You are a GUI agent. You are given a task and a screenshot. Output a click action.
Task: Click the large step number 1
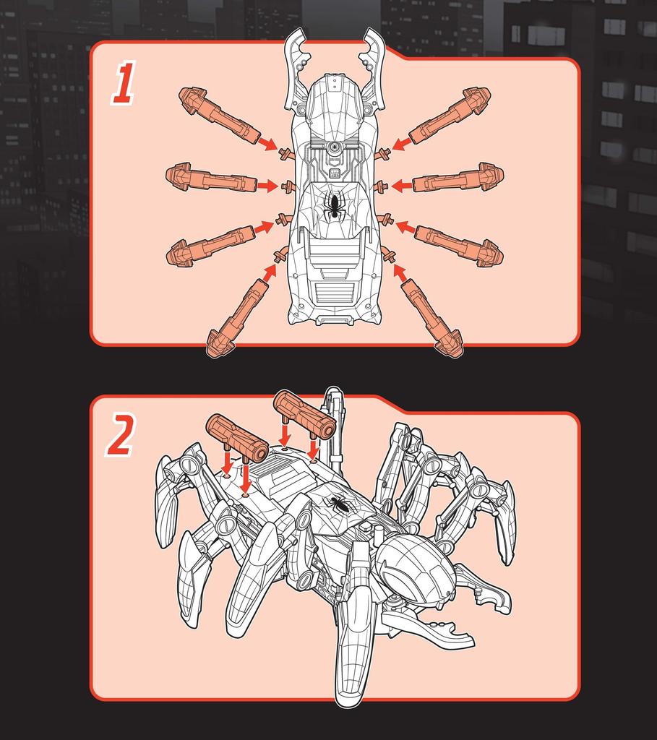pyautogui.click(x=124, y=83)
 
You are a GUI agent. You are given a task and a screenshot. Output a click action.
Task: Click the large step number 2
pyautogui.click(x=121, y=434)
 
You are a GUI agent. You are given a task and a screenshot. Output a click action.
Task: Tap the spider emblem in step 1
pyautogui.click(x=335, y=206)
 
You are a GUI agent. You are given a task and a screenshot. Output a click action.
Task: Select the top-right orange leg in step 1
pyautogui.click(x=450, y=115)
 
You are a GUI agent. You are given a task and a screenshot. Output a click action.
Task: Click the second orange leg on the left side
pyautogui.click(x=211, y=177)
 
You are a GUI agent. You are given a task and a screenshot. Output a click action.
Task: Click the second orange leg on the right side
pyautogui.click(x=458, y=177)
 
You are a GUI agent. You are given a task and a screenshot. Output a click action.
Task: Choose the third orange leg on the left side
pyautogui.click(x=211, y=246)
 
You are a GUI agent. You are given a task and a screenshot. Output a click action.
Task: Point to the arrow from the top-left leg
pyautogui.click(x=267, y=144)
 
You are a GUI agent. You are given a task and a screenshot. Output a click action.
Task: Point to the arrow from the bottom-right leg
pyautogui.click(x=400, y=272)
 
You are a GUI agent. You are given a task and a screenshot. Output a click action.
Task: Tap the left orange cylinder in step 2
pyautogui.click(x=237, y=439)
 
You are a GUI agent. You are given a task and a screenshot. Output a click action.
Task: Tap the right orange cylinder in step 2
pyautogui.click(x=305, y=415)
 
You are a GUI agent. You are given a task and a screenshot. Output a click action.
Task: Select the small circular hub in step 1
pyautogui.click(x=335, y=147)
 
